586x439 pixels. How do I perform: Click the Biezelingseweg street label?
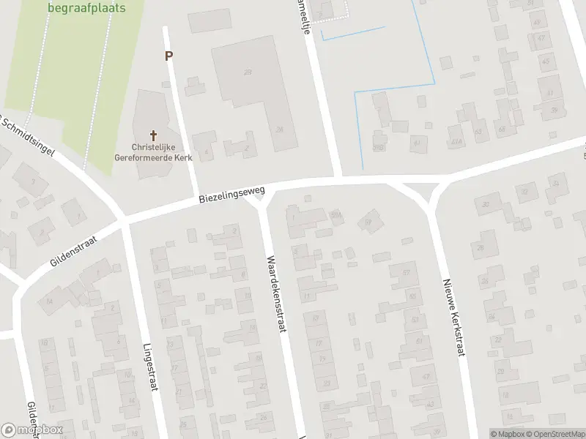tap(231, 194)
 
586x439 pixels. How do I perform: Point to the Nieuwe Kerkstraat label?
tap(455, 316)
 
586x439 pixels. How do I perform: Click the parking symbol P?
tap(169, 56)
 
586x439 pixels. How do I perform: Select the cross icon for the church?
tap(154, 135)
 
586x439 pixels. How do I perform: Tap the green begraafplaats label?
tap(86, 8)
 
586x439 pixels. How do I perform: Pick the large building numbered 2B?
tap(248, 72)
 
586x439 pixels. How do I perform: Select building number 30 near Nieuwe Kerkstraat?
tap(486, 206)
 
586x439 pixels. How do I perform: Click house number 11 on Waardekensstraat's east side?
tap(307, 296)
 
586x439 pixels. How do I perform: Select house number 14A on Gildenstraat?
tap(50, 301)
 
